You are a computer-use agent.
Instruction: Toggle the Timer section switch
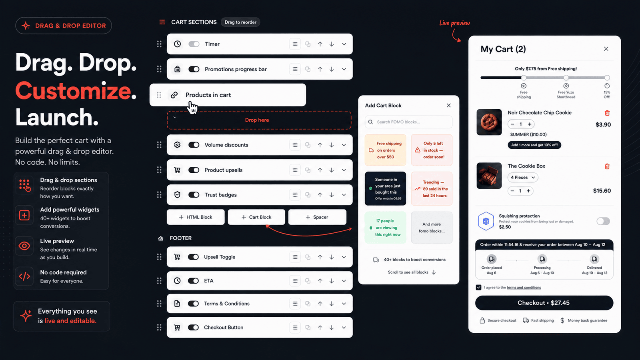tap(194, 44)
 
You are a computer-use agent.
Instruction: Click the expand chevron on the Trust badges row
tap(344, 195)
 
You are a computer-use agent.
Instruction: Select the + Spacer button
tap(317, 217)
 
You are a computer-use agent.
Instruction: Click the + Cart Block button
tap(256, 217)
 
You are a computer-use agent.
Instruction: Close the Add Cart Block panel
tap(448, 106)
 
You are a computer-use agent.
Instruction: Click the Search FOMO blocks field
tap(408, 122)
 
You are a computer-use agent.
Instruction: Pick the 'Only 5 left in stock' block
tap(432, 150)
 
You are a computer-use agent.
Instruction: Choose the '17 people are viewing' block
tap(385, 228)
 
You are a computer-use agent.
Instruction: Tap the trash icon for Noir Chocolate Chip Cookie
tap(607, 113)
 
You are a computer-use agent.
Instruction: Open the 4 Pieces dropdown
tap(522, 178)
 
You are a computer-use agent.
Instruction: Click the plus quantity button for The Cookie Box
tap(528, 191)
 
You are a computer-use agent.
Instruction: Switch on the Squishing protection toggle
tap(603, 221)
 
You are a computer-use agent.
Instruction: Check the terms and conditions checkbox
tap(478, 288)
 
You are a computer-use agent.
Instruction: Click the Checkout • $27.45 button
tap(544, 303)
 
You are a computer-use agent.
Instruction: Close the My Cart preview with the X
tap(606, 49)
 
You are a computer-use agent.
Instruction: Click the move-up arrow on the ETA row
tap(320, 281)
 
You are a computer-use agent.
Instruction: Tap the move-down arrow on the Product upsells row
tap(332, 170)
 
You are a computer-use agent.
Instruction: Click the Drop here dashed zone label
tap(257, 120)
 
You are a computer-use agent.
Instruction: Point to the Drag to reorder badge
tap(240, 22)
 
